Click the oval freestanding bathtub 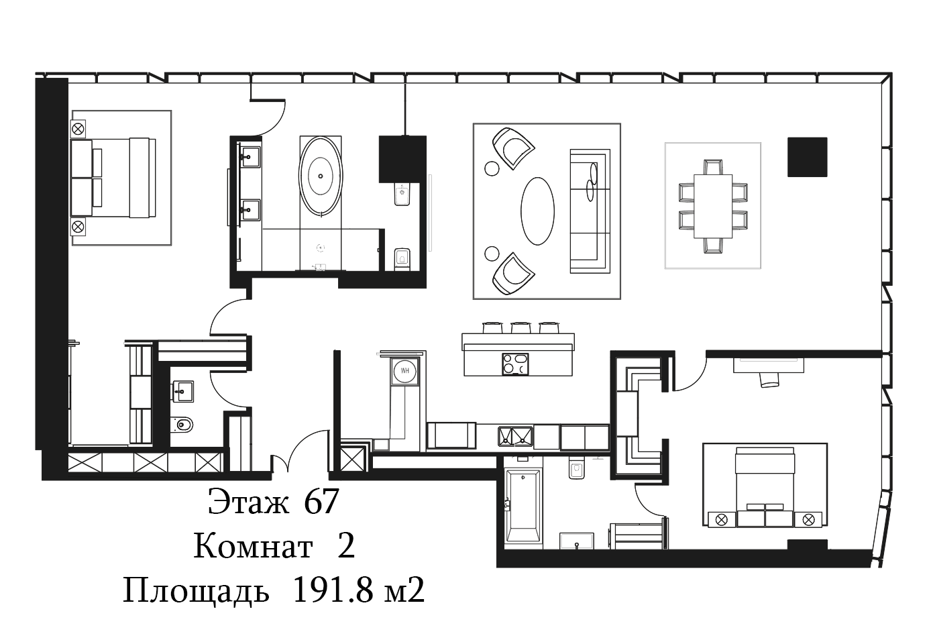pos(321,176)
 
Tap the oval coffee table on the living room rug pos(537,211)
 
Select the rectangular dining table pos(713,206)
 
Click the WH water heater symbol pos(405,370)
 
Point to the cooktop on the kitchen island pos(516,364)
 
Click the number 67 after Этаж pos(321,502)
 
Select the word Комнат pos(253,546)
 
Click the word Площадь pos(196,591)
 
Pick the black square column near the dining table pos(807,157)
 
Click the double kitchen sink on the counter pos(516,437)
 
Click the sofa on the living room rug pos(590,211)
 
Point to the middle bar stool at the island pos(521,327)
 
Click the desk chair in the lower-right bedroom pos(769,379)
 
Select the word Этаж pos(248,502)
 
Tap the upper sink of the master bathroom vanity pos(250,157)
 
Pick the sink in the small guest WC pos(182,392)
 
